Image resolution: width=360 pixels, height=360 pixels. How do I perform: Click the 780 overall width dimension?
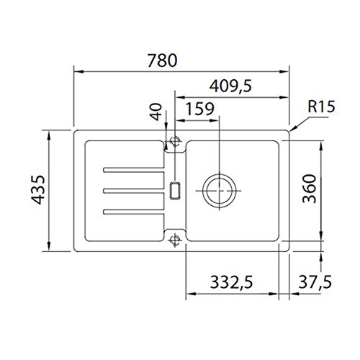(x=162, y=60)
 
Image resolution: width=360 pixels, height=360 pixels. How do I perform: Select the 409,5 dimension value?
(x=230, y=86)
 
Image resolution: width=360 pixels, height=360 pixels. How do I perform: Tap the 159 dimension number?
(x=200, y=109)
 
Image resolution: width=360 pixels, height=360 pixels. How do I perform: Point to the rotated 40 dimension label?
(x=156, y=112)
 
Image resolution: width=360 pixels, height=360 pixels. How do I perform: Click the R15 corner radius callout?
(x=321, y=107)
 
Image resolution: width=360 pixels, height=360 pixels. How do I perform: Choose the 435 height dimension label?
(x=38, y=190)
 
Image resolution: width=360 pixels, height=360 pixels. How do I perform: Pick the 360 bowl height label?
(x=310, y=189)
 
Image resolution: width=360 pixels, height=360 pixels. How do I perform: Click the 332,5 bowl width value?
(x=231, y=282)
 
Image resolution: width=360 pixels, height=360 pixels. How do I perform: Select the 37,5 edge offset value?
(x=315, y=282)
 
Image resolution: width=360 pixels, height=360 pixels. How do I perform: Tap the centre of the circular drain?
(x=220, y=191)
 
